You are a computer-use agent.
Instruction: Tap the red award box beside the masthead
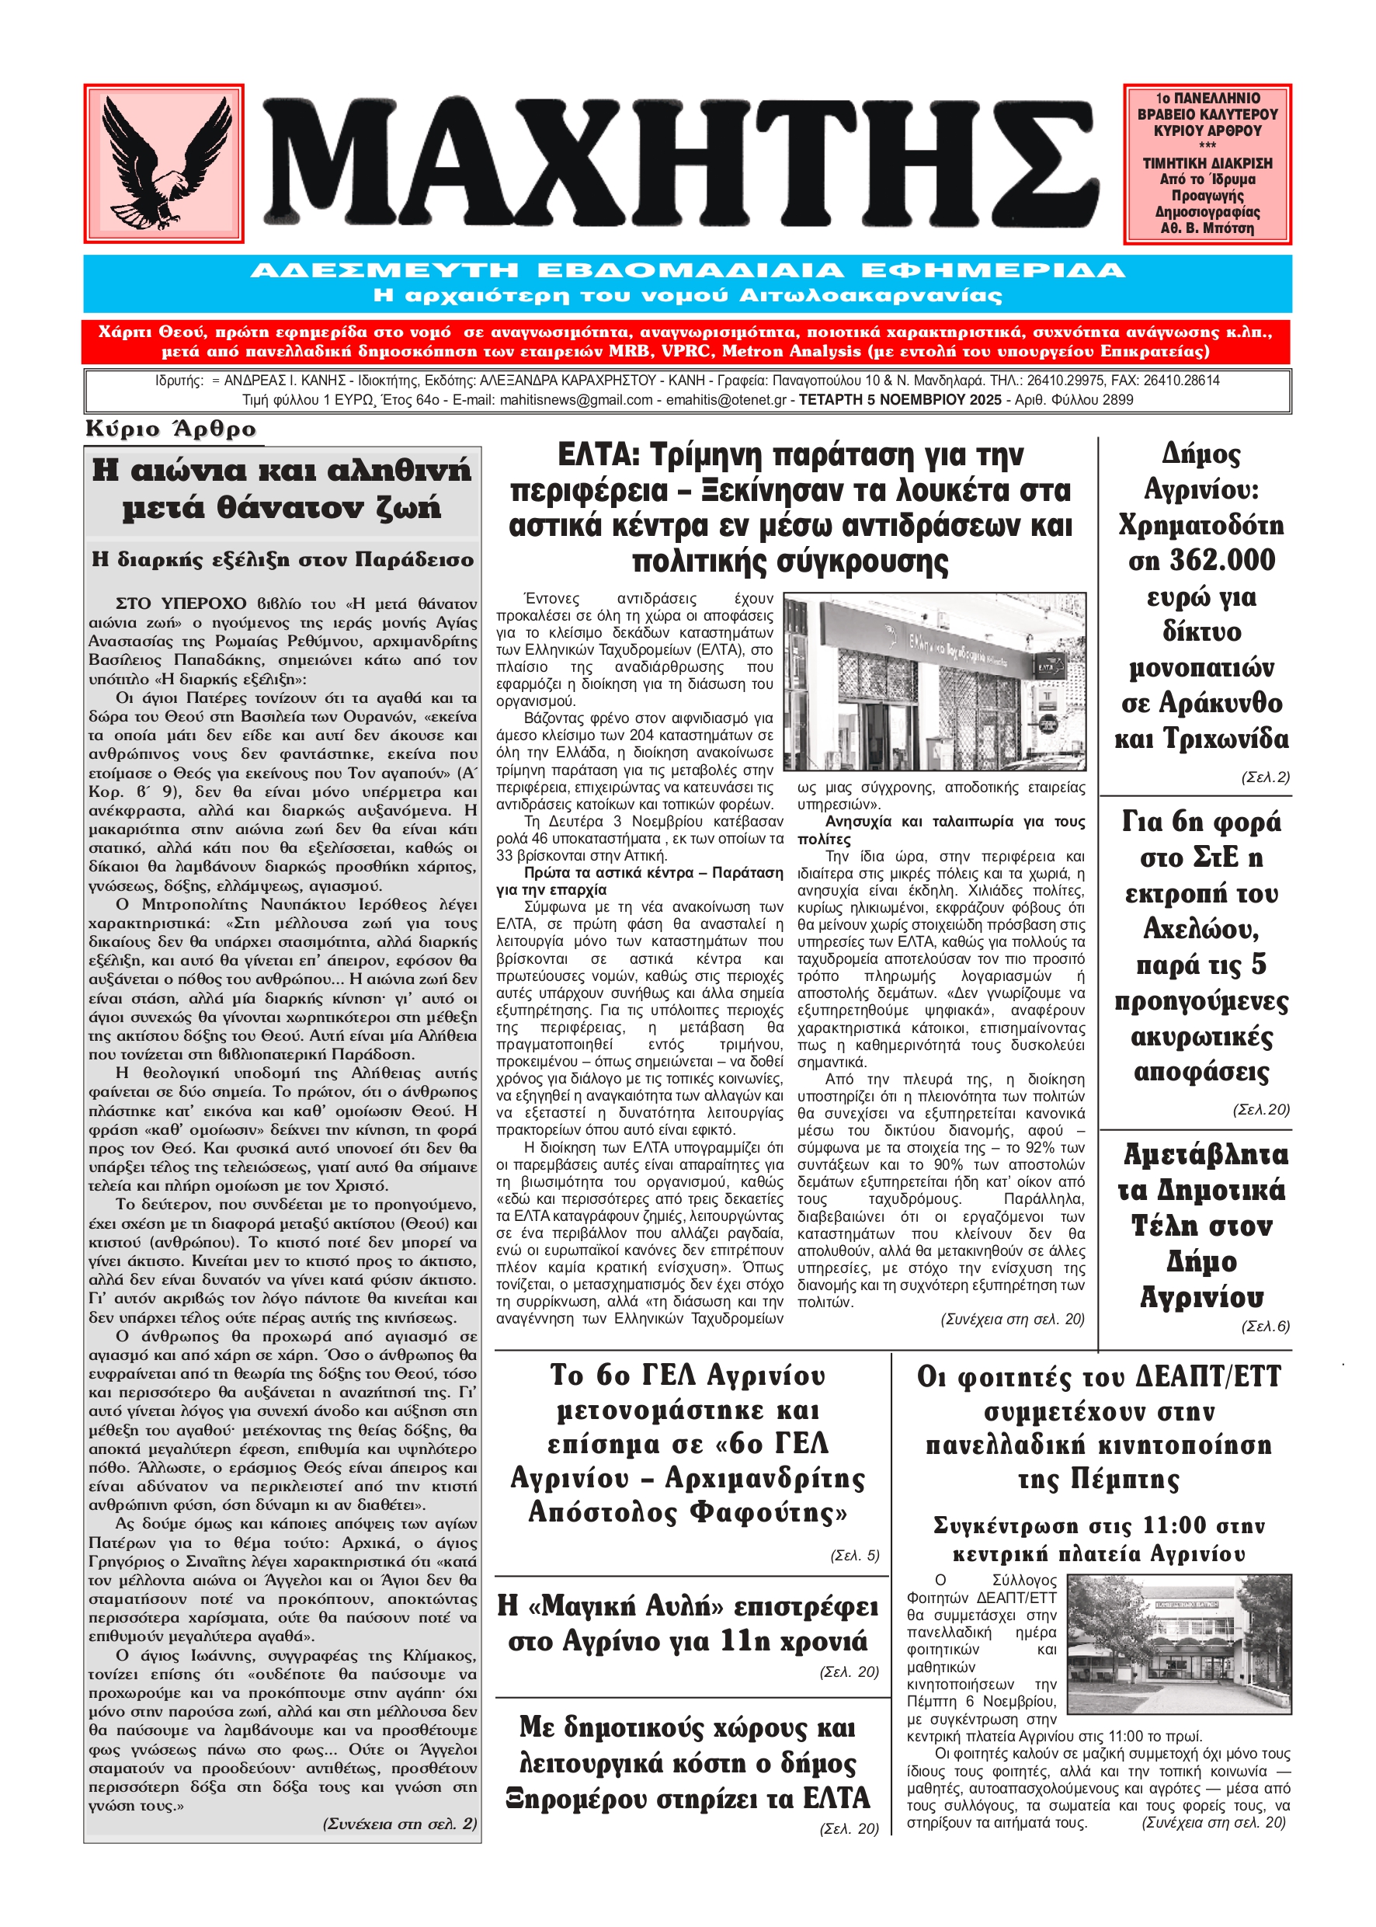(1207, 162)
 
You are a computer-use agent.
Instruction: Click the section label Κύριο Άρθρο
(171, 430)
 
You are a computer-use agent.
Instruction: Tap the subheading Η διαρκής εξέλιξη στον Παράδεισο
(282, 560)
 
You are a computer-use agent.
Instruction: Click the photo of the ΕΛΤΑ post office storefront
(935, 681)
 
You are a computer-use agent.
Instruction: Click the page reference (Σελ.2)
(1265, 777)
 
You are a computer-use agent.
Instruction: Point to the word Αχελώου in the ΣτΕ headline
(1201, 930)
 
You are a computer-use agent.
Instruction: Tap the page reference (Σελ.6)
(1265, 1326)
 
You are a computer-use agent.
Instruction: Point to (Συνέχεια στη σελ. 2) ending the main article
(400, 1824)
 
